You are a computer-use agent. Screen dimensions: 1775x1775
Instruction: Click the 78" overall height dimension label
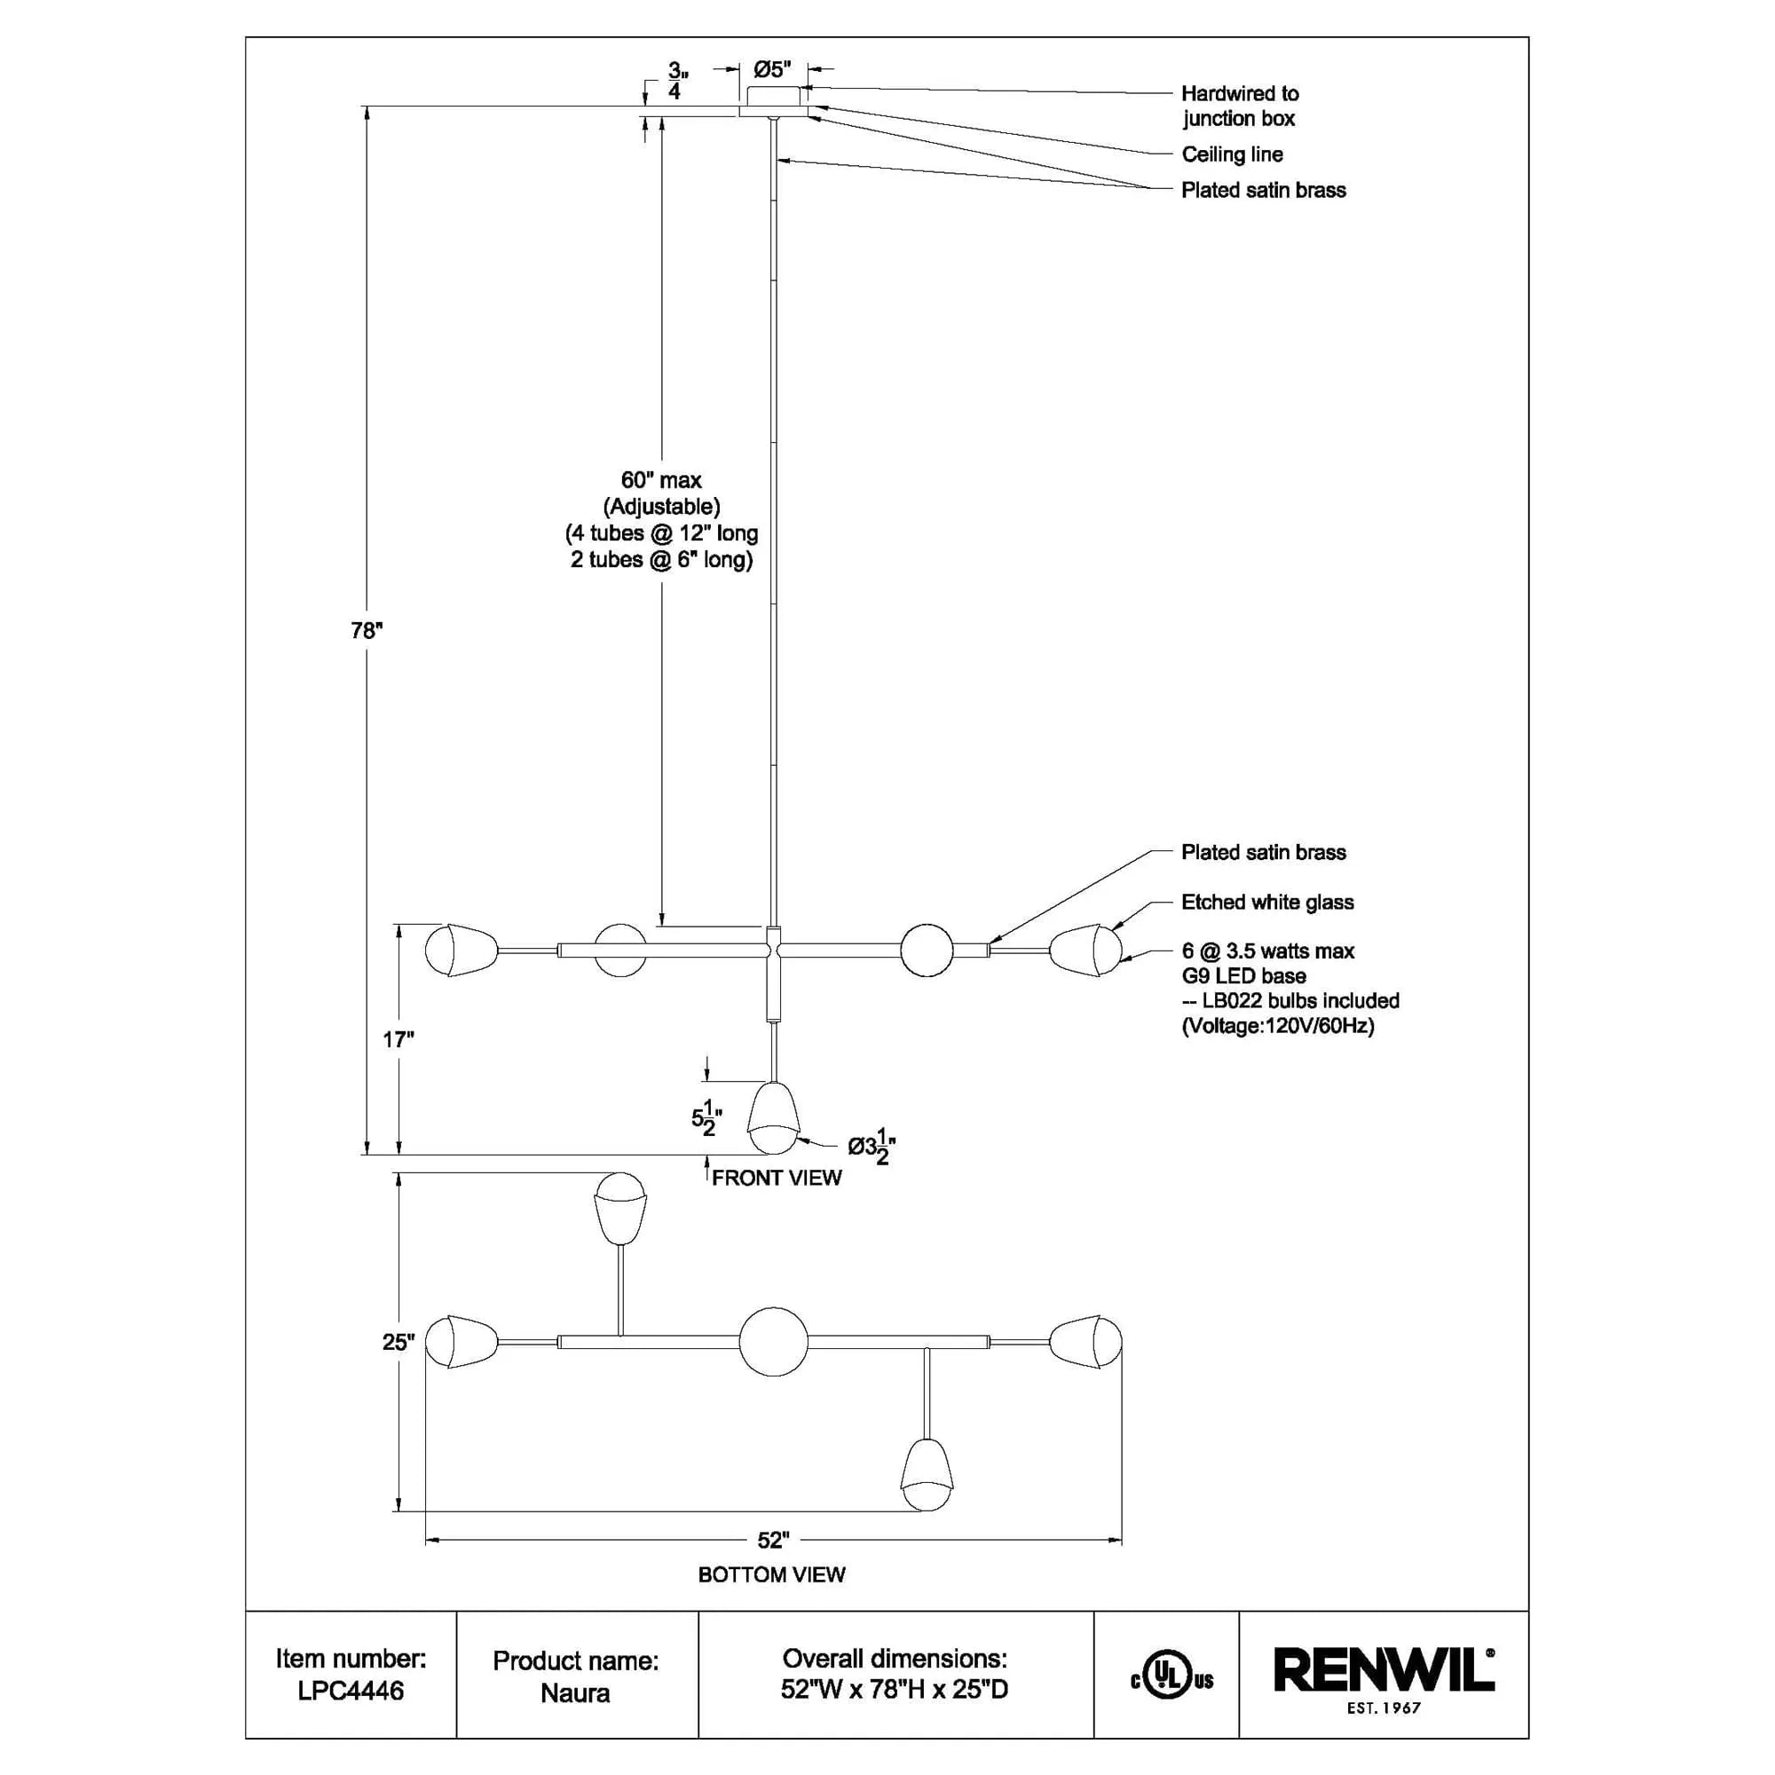(x=367, y=631)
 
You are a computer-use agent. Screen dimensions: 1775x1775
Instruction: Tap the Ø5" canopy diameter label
(x=772, y=70)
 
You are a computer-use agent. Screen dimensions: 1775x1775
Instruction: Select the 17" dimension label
(x=398, y=1040)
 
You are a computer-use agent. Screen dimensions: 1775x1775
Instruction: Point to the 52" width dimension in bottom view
(x=774, y=1541)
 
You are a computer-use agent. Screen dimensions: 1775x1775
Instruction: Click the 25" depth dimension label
(x=398, y=1342)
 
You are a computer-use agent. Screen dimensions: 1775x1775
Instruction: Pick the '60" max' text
(x=661, y=480)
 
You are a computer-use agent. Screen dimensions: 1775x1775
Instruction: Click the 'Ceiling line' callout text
(x=1232, y=154)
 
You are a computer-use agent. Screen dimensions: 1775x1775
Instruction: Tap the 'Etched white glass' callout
(x=1267, y=903)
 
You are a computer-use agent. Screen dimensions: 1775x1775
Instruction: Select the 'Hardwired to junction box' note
(x=1239, y=106)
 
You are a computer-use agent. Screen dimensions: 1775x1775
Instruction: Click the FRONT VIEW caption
(x=777, y=1178)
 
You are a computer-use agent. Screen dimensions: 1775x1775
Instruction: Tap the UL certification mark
(x=1171, y=1680)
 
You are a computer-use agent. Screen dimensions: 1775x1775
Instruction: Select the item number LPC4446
(x=351, y=1691)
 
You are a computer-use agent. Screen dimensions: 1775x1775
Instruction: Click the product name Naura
(x=575, y=1692)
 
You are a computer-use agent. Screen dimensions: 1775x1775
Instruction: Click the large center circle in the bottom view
(x=774, y=1342)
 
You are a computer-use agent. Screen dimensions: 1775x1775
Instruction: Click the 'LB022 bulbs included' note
(x=1300, y=1000)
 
